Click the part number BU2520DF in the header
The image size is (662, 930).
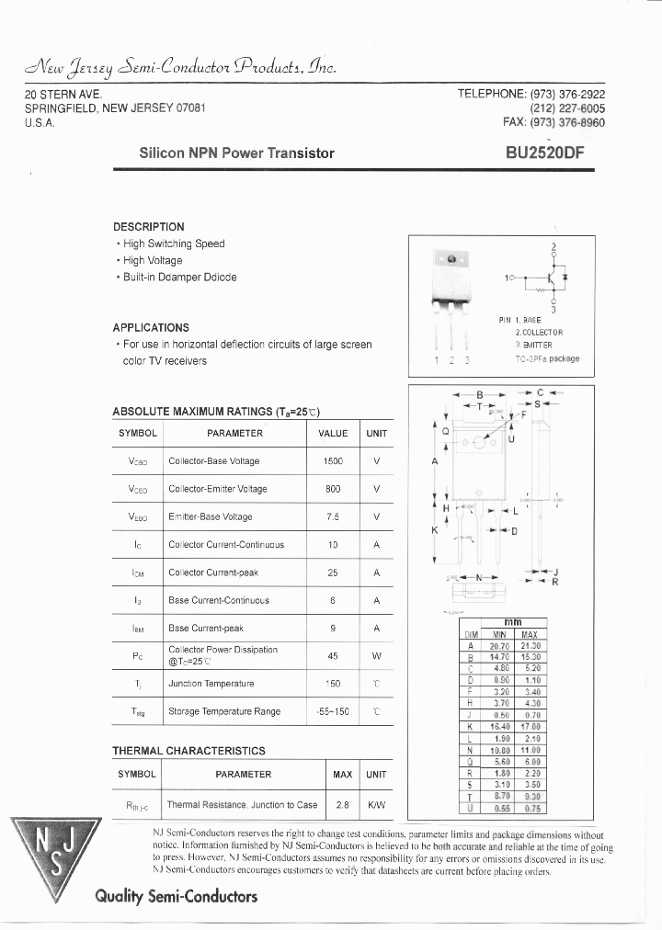(x=543, y=153)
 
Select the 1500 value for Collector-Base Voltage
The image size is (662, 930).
(x=333, y=461)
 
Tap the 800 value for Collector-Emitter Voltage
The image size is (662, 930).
(x=333, y=489)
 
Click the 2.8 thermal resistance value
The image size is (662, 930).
(x=343, y=805)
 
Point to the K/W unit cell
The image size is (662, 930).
(x=376, y=805)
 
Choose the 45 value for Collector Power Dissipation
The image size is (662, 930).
(x=333, y=656)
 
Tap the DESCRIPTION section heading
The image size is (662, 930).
(x=149, y=227)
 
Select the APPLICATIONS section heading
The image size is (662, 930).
(x=151, y=328)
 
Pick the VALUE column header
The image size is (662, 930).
(x=333, y=434)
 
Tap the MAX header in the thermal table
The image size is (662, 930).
(x=343, y=775)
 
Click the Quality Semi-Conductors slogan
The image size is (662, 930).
(x=176, y=896)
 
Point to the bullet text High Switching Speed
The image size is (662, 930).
(x=174, y=244)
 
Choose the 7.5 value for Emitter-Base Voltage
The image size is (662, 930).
(x=333, y=516)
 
